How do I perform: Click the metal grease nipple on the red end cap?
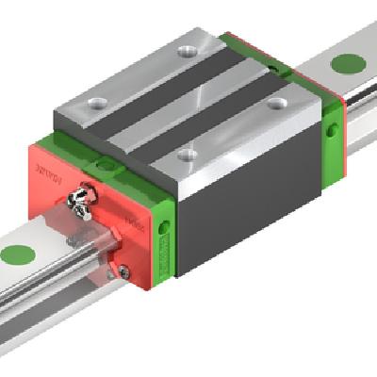click(84, 197)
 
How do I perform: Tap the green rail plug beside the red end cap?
click(17, 254)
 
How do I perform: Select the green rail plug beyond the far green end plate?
click(350, 63)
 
